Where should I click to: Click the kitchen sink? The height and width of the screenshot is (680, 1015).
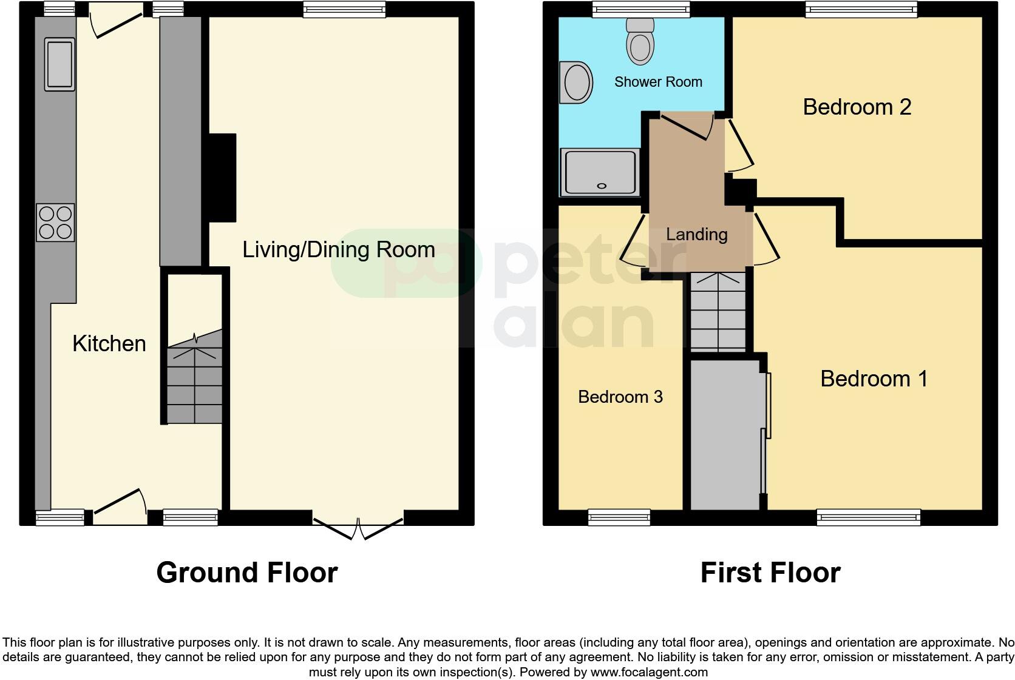point(59,64)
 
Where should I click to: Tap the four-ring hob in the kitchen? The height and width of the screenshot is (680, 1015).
point(55,223)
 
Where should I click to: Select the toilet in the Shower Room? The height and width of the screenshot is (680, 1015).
point(640,42)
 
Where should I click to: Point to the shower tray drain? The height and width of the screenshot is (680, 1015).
point(602,186)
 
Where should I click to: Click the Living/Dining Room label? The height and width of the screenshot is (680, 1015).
point(339,250)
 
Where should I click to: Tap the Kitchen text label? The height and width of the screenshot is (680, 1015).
point(109,344)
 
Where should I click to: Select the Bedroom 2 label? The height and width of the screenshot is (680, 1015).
point(857,107)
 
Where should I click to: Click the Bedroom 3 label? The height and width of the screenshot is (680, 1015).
point(620,397)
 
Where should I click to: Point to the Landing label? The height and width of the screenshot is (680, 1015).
point(696,234)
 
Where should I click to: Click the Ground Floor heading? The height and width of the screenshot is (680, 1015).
point(246,573)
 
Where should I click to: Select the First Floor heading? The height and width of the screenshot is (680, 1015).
point(770,573)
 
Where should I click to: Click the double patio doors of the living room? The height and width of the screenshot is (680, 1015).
point(358,527)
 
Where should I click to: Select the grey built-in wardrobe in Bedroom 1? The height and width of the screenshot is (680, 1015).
point(725,434)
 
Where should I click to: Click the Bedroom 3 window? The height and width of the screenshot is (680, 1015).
point(619,517)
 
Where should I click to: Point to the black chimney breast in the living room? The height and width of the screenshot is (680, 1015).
point(222,177)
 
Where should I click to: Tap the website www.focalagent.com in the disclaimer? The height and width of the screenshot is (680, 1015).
point(649,672)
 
